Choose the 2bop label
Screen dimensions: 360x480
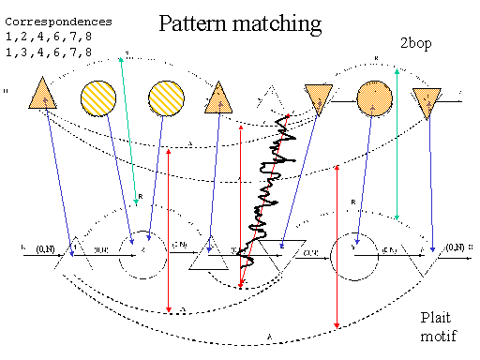(416, 42)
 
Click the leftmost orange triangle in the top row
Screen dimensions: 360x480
(42, 94)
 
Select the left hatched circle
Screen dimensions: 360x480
(98, 97)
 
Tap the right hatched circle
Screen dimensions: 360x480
(167, 97)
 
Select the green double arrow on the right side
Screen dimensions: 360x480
(397, 145)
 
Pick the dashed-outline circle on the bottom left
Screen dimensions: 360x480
(139, 251)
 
